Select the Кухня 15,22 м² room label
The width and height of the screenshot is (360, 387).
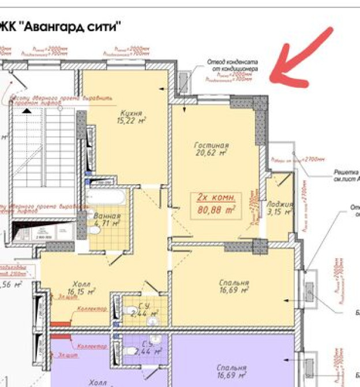tap(131, 116)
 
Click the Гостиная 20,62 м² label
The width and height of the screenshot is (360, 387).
tap(211, 149)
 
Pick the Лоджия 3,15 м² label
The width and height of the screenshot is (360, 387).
tap(279, 208)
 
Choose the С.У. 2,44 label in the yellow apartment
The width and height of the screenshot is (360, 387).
tap(145, 310)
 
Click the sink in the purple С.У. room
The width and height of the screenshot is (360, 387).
tap(154, 339)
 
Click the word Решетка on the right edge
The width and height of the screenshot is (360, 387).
tap(346, 172)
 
